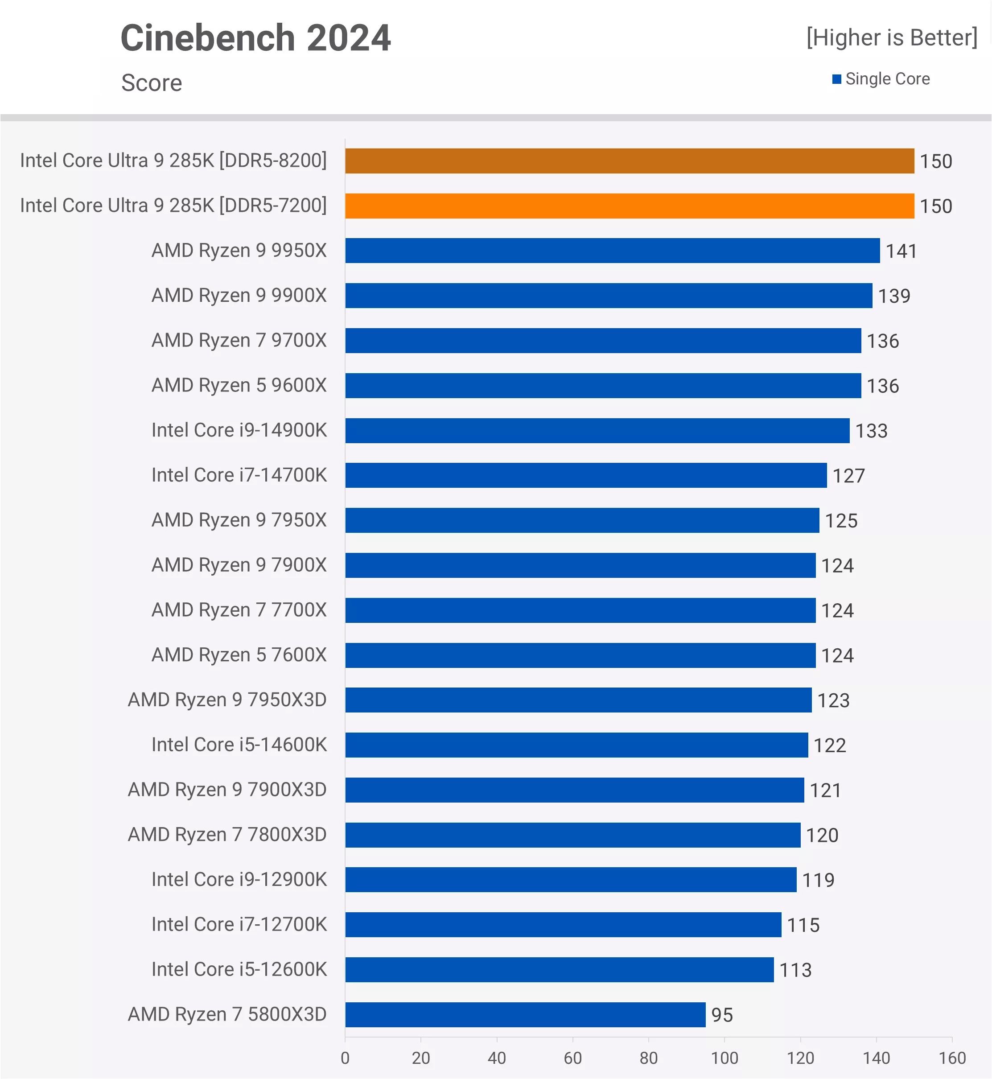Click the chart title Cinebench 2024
click(x=255, y=38)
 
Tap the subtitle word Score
click(x=152, y=82)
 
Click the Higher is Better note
click(x=892, y=37)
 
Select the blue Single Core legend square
click(x=836, y=79)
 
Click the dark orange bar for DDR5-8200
click(x=629, y=161)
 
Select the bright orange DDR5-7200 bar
click(x=629, y=206)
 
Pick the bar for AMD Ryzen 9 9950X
click(x=612, y=251)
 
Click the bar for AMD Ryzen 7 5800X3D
click(x=525, y=1015)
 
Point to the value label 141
click(x=901, y=251)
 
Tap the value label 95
click(x=722, y=1015)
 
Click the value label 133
click(x=871, y=431)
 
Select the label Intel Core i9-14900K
click(x=239, y=430)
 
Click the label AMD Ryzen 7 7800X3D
click(x=227, y=835)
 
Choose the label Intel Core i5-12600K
click(x=239, y=969)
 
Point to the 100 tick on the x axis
click(x=724, y=1058)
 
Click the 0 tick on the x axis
click(x=345, y=1058)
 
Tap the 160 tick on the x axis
click(x=952, y=1058)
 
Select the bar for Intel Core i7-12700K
click(x=563, y=924)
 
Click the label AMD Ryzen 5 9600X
click(x=239, y=385)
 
